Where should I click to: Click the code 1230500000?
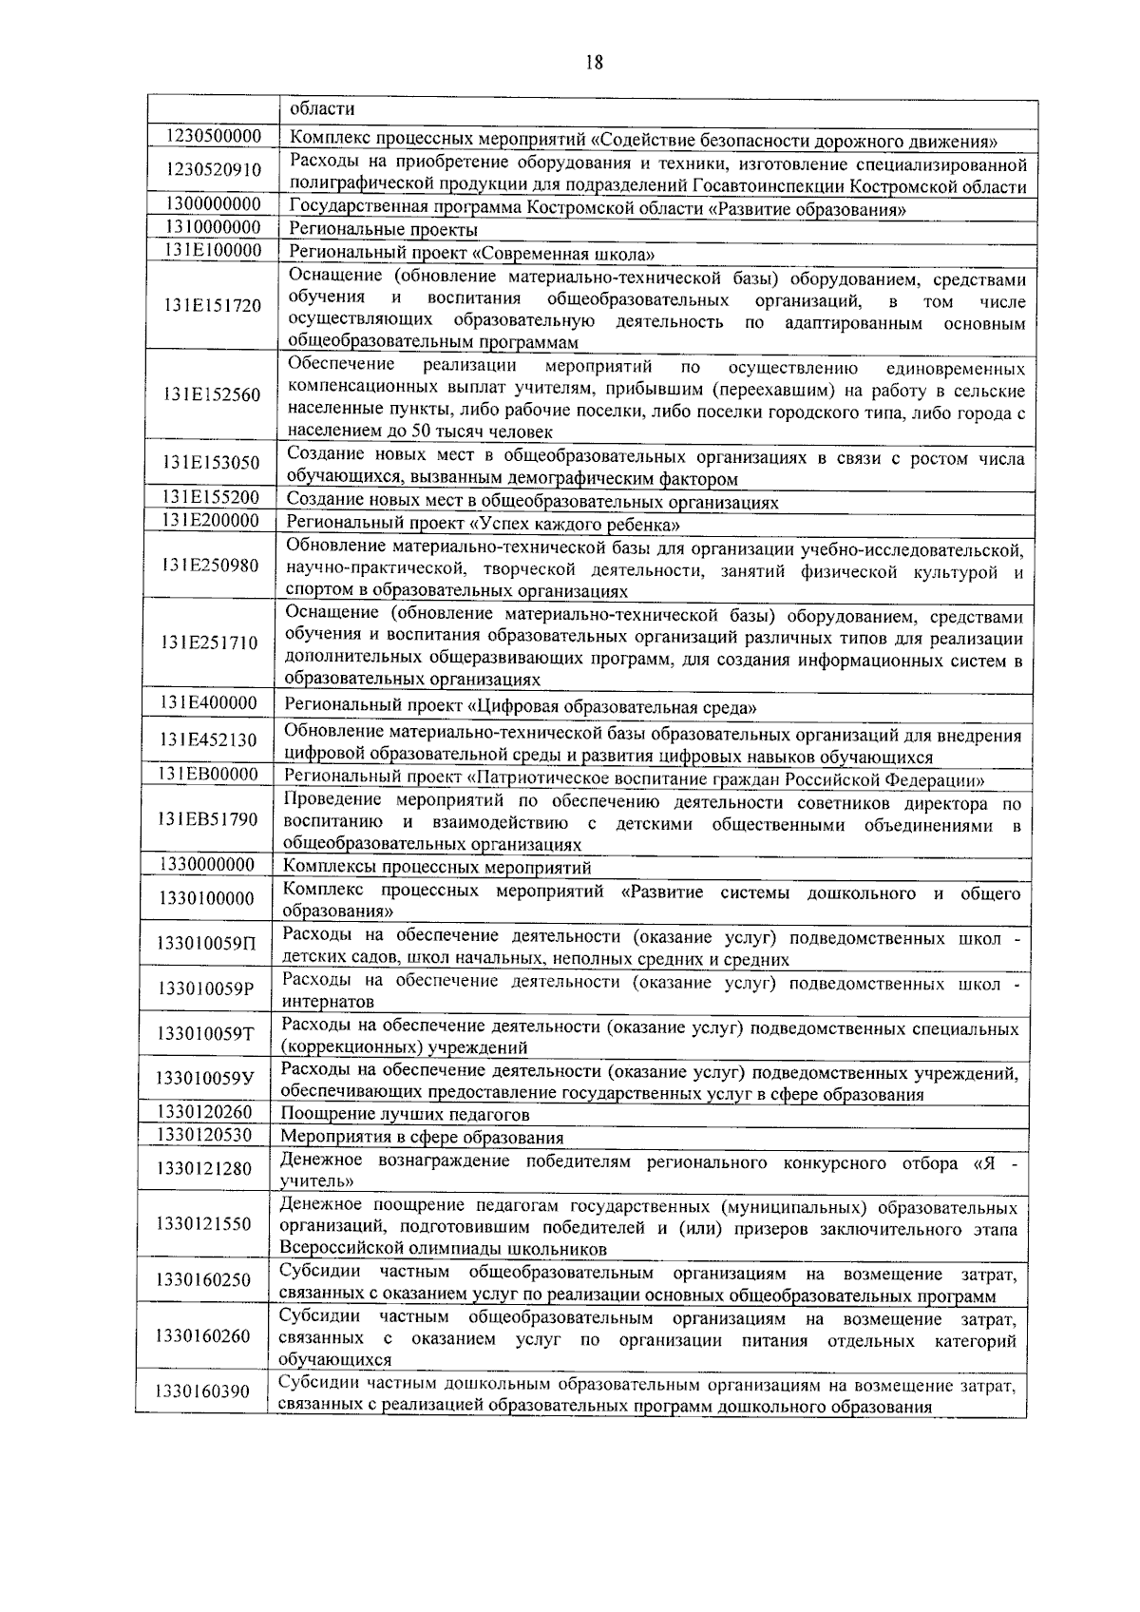[213, 136]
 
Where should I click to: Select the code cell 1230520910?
[213, 170]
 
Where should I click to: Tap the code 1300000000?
[213, 204]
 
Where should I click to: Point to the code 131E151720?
[212, 306]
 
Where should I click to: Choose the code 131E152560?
[212, 394]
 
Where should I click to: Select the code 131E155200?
[211, 497]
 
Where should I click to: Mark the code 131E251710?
[210, 643]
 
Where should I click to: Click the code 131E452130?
[209, 740]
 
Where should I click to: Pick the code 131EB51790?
[209, 818]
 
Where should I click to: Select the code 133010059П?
[208, 944]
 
